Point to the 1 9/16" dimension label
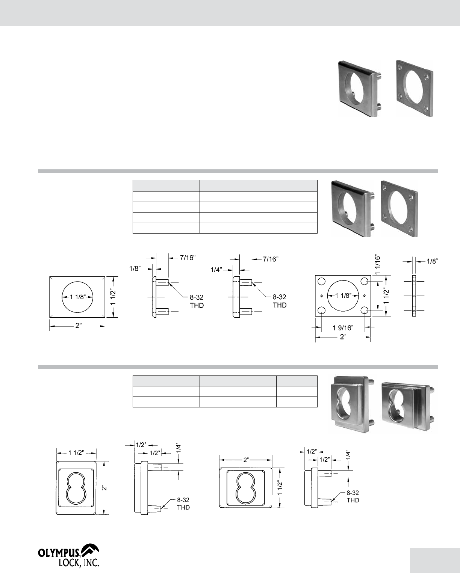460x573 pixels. tap(343, 328)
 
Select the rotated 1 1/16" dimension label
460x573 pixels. tap(377, 265)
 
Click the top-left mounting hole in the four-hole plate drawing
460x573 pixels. tap(321, 281)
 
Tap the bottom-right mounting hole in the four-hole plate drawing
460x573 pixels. tap(365, 310)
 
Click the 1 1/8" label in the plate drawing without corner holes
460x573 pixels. tap(77, 297)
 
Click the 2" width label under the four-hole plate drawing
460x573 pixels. tap(343, 337)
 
